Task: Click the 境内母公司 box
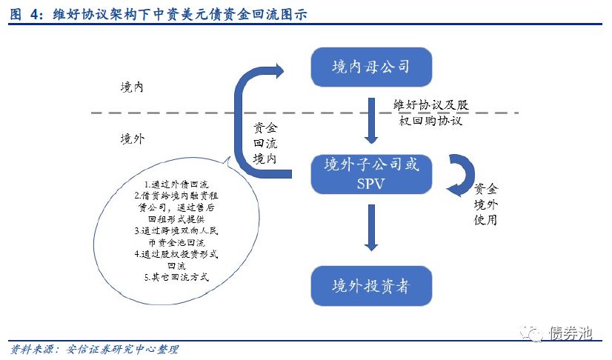tap(370, 68)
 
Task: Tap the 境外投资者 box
tap(370, 285)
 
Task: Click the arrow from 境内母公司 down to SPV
tap(371, 120)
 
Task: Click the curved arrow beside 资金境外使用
tap(461, 174)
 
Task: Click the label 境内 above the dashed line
tap(132, 87)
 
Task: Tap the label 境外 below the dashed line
tap(132, 139)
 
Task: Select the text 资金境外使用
tap(486, 204)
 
